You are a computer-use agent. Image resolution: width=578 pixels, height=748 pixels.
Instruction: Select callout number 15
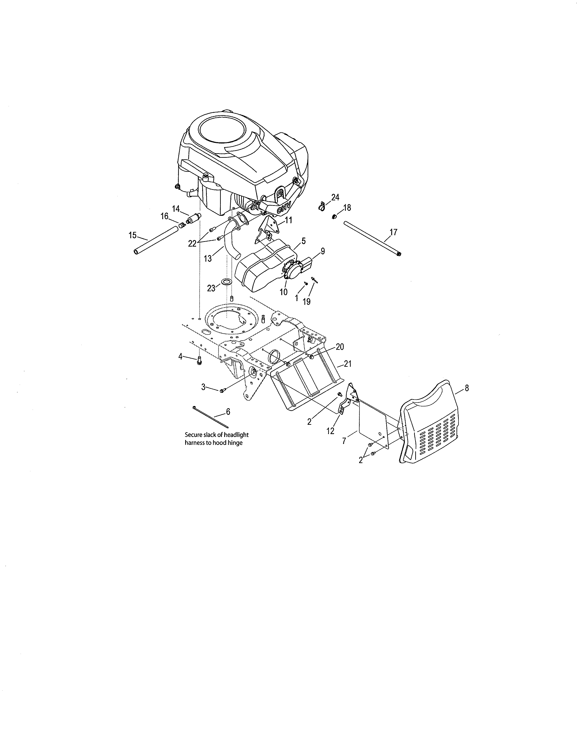tap(133, 235)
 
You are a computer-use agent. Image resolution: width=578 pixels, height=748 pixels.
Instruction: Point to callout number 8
tap(467, 388)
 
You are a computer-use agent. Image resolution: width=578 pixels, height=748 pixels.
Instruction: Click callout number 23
tap(211, 288)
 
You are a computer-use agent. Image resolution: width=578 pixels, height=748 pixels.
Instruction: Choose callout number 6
tap(228, 411)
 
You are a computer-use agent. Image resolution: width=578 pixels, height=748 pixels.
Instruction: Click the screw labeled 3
tap(222, 391)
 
